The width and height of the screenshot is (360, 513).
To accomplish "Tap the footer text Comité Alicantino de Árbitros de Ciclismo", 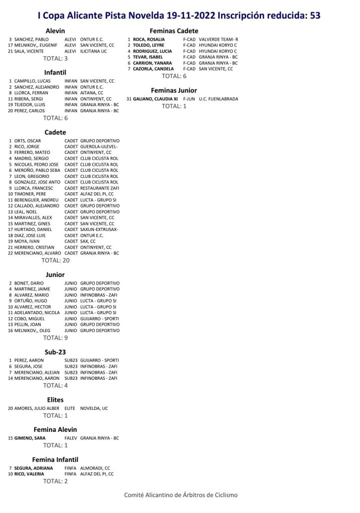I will tap(181, 495).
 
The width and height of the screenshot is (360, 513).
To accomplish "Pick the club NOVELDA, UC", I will tap(94, 408).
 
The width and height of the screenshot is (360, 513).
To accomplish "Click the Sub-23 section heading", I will tap(55, 352).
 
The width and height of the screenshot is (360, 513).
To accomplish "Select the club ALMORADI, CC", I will tap(95, 468).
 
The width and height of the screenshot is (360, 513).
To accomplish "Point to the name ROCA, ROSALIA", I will tap(148, 39).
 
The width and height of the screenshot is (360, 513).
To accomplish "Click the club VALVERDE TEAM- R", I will tap(219, 39).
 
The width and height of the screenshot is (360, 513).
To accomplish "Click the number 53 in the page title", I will tap(315, 16).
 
